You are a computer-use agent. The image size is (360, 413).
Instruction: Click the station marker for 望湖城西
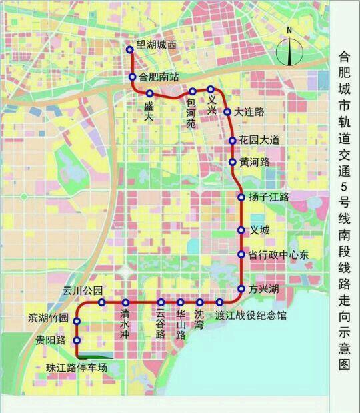[x=130, y=49]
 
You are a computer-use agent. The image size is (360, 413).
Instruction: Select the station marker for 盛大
[x=150, y=93]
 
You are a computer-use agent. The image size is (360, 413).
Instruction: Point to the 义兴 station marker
[x=211, y=89]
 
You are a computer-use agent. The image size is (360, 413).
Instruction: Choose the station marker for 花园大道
[x=232, y=141]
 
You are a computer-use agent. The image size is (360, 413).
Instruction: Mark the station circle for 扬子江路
[x=242, y=197]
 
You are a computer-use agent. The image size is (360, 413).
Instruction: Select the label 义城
[x=259, y=230]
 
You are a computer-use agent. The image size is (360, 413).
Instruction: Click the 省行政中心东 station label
[x=279, y=254]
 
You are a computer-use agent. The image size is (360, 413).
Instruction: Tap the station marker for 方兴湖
[x=241, y=289]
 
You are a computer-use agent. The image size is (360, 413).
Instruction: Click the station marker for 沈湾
[x=200, y=303]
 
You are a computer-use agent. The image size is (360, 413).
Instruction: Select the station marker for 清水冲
[x=125, y=303]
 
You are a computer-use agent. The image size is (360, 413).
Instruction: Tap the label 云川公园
[x=83, y=290]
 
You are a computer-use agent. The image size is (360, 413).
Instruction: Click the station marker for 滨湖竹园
[x=77, y=322]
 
